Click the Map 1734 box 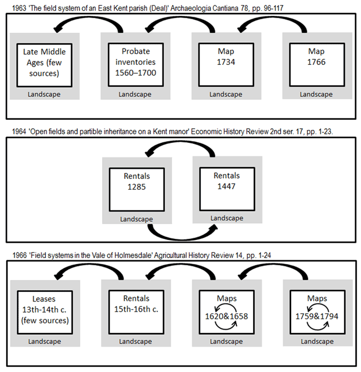(x=226, y=65)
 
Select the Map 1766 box (x=317, y=65)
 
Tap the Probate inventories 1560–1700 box (x=136, y=65)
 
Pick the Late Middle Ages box (x=45, y=65)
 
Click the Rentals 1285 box (x=137, y=190)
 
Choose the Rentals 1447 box (x=227, y=189)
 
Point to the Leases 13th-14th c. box (x=45, y=312)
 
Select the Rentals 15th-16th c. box (x=137, y=312)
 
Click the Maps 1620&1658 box (x=227, y=312)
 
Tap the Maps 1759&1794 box (x=318, y=312)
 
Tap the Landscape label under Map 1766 (x=316, y=94)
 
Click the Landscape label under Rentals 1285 (x=137, y=219)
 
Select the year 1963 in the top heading (x=19, y=8)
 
